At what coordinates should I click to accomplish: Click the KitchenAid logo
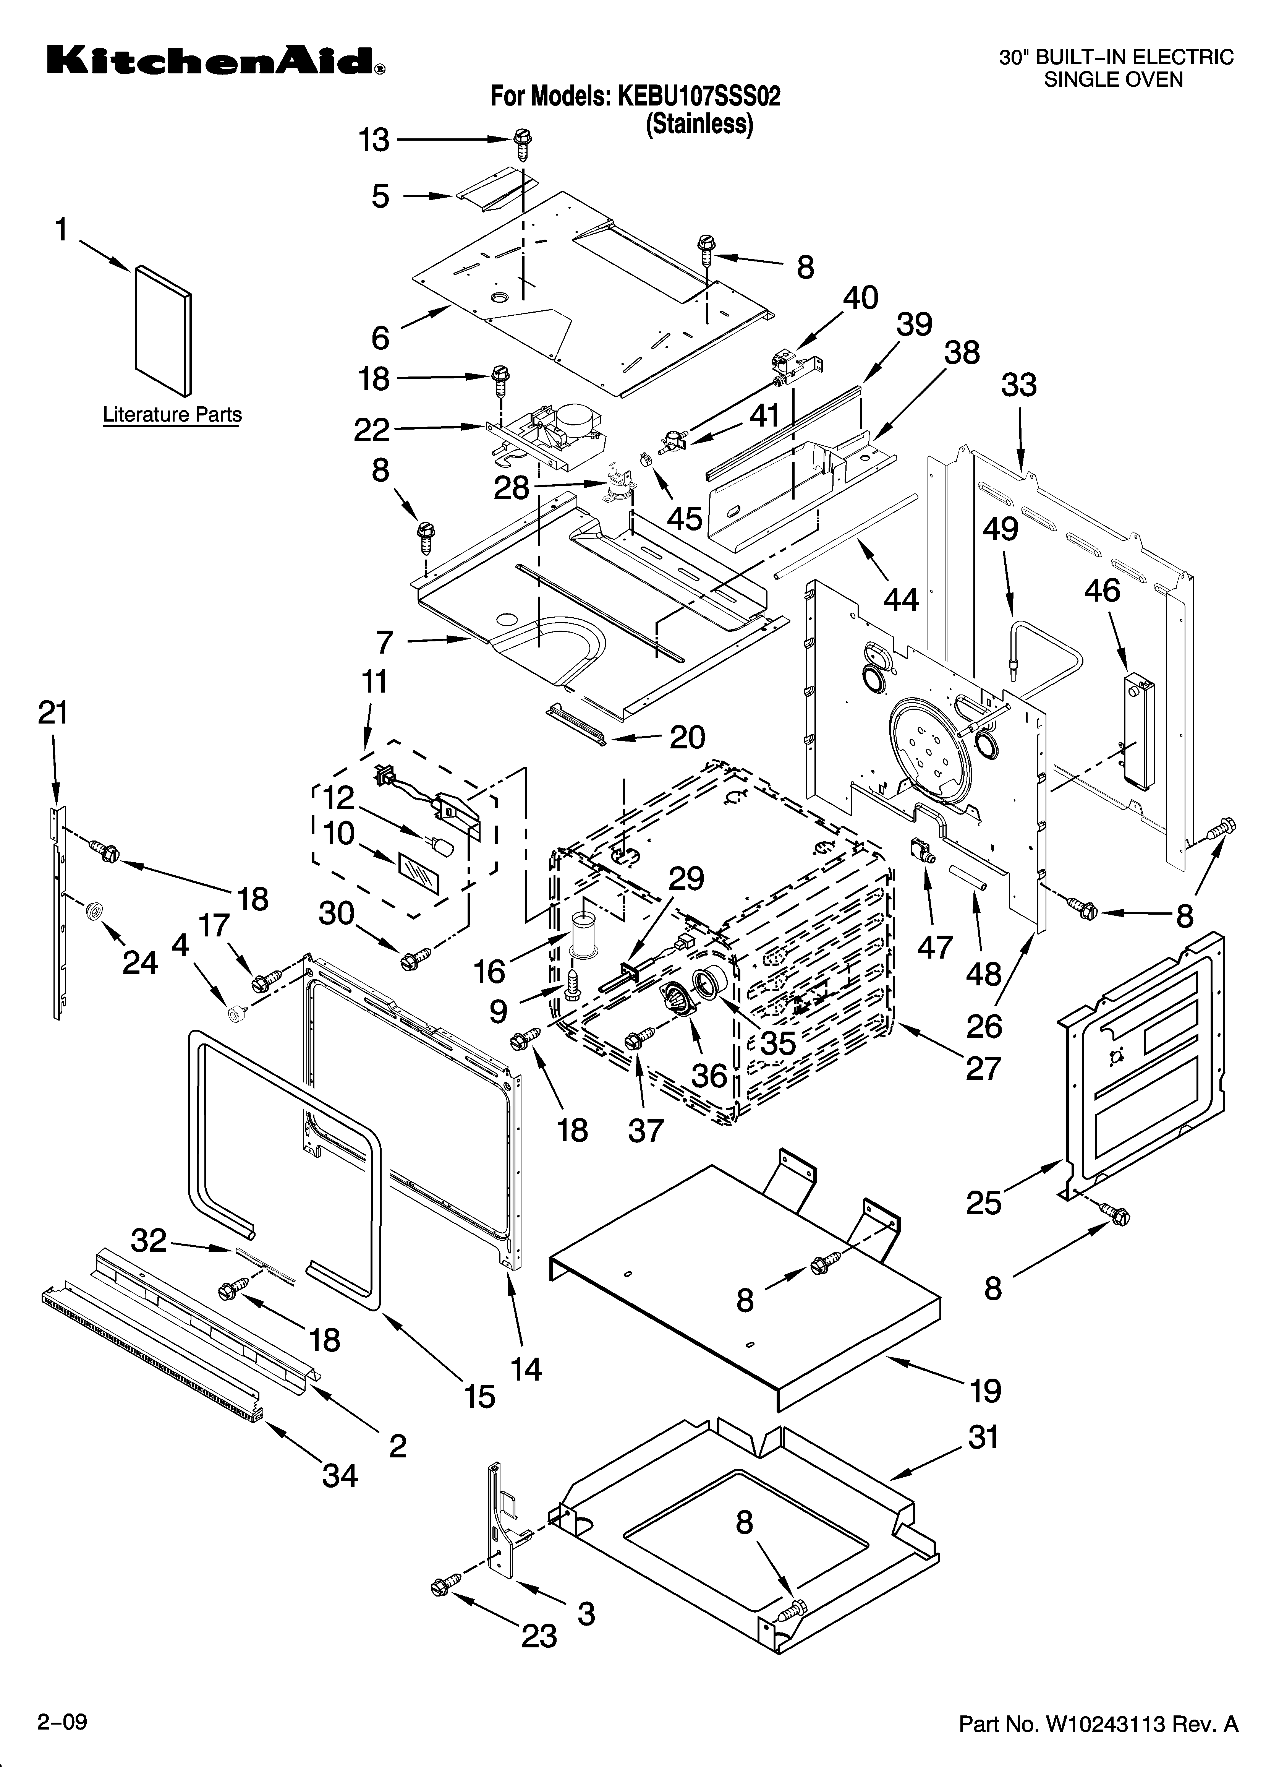click(x=214, y=61)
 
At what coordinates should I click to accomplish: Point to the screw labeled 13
click(x=523, y=146)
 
